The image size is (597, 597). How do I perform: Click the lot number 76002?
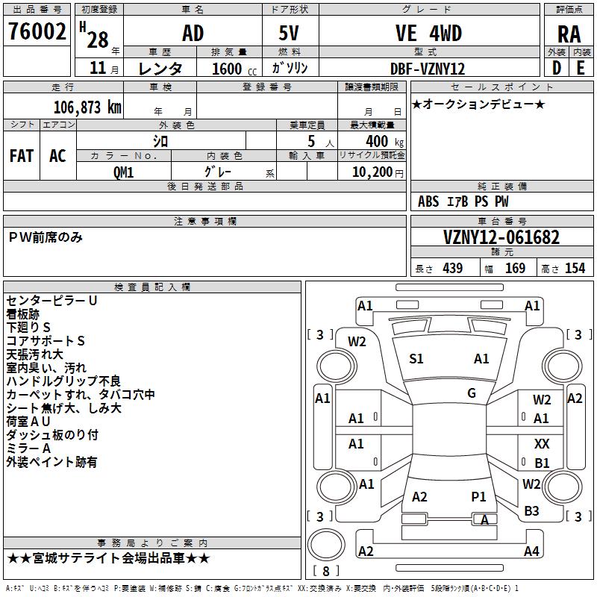[x=37, y=32]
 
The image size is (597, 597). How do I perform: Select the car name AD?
[x=193, y=34]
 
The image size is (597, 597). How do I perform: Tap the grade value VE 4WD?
[x=428, y=34]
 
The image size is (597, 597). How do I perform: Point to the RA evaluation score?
[x=569, y=34]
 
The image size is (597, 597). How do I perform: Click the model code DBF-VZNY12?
[x=428, y=69]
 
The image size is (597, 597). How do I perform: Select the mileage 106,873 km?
[x=87, y=107]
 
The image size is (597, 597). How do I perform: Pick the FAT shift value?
[x=21, y=156]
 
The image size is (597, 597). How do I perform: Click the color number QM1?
[x=123, y=172]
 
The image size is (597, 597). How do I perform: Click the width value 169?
[x=515, y=269]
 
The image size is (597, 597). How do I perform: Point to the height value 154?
[x=575, y=269]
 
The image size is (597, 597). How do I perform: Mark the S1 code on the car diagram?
[x=416, y=359]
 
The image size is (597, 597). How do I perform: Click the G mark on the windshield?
[x=472, y=393]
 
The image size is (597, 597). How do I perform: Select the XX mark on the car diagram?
[x=542, y=444]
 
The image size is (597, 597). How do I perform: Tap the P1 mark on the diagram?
[x=478, y=496]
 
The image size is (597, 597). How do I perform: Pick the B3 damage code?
[x=531, y=511]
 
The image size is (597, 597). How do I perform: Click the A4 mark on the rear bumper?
[x=531, y=551]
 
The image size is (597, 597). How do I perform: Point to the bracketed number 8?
[x=326, y=572]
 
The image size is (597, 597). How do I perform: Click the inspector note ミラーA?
[x=28, y=448]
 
